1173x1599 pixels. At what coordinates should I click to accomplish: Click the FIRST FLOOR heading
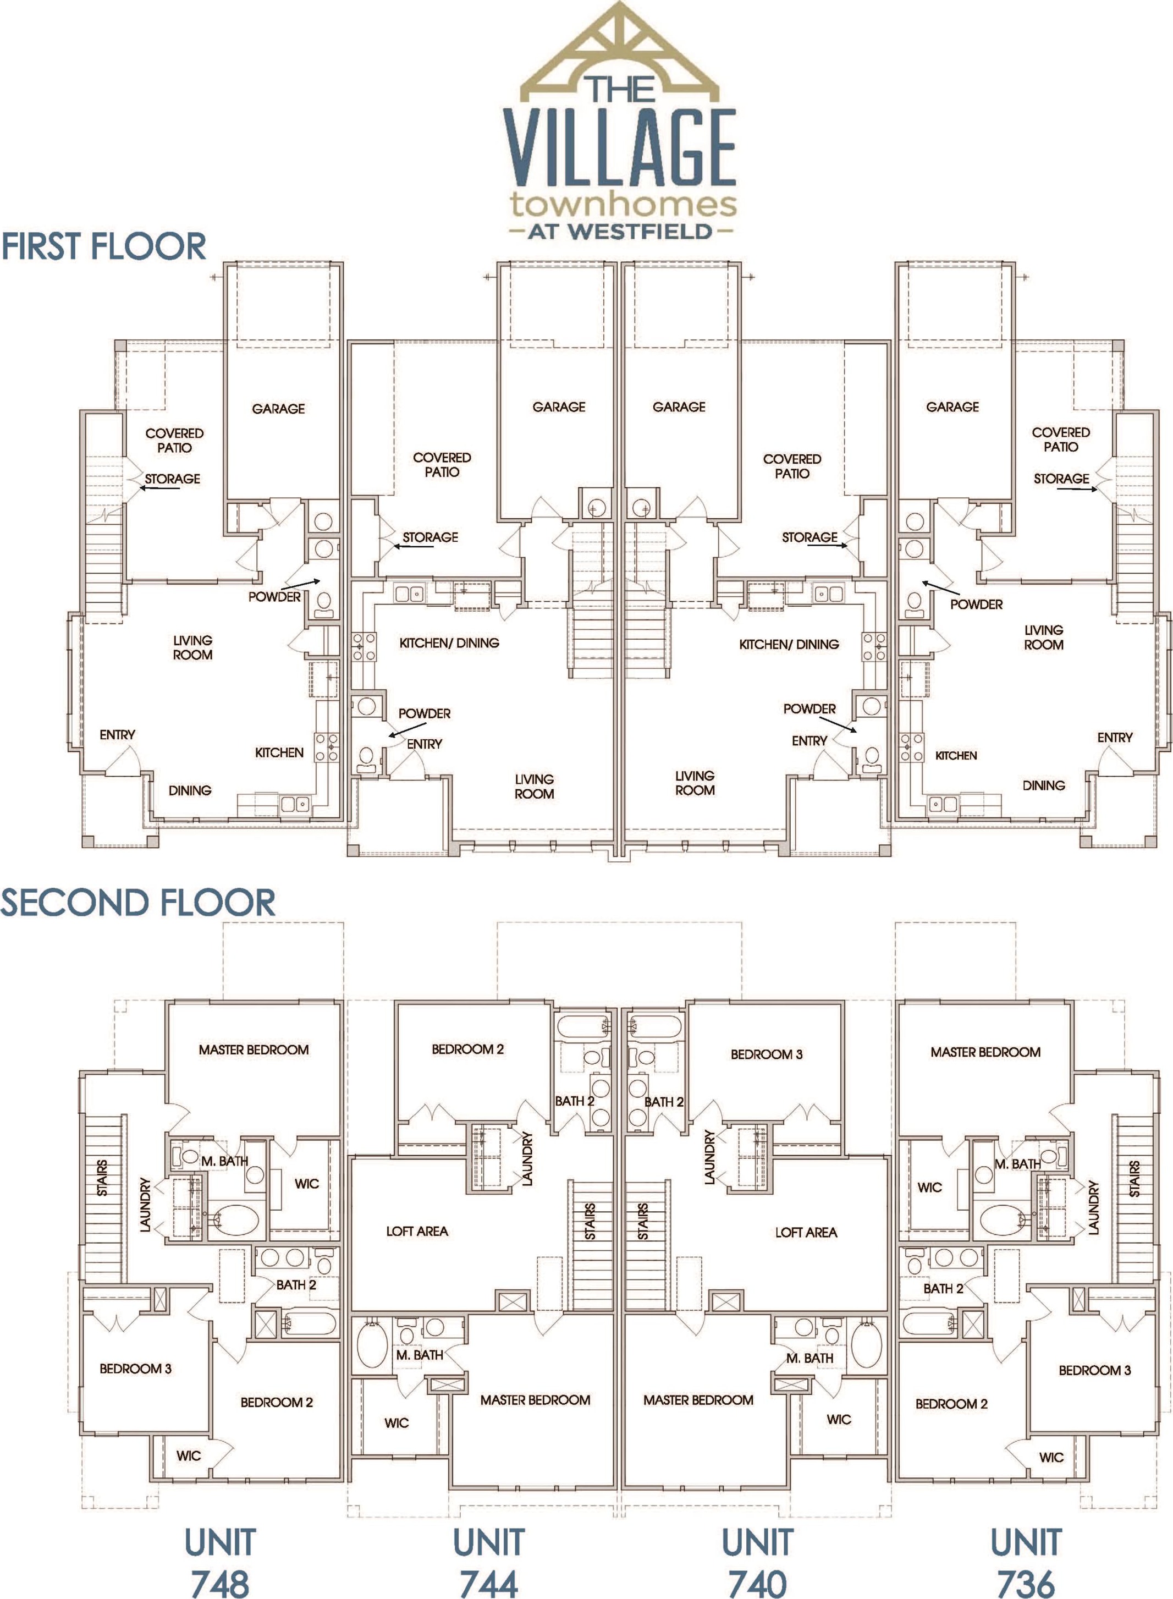click(104, 246)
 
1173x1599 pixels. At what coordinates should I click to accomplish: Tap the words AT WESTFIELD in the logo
click(620, 231)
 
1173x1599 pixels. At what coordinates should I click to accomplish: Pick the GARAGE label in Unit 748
click(278, 409)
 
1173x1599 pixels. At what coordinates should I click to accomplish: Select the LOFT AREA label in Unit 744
click(417, 1231)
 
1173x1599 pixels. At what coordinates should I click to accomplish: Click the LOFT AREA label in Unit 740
click(806, 1233)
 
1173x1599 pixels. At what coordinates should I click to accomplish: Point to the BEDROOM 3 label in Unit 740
click(766, 1054)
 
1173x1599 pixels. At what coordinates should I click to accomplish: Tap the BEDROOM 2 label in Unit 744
click(467, 1049)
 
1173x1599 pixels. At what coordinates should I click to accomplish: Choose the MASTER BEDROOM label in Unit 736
click(985, 1052)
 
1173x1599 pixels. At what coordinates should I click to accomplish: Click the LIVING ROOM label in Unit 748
click(192, 647)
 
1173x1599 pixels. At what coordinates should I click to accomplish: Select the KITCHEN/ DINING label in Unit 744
click(449, 642)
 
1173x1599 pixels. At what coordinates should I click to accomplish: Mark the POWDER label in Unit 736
click(976, 605)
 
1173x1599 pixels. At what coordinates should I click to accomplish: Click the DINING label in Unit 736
click(1043, 785)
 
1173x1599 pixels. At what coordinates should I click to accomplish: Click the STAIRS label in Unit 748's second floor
click(102, 1178)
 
